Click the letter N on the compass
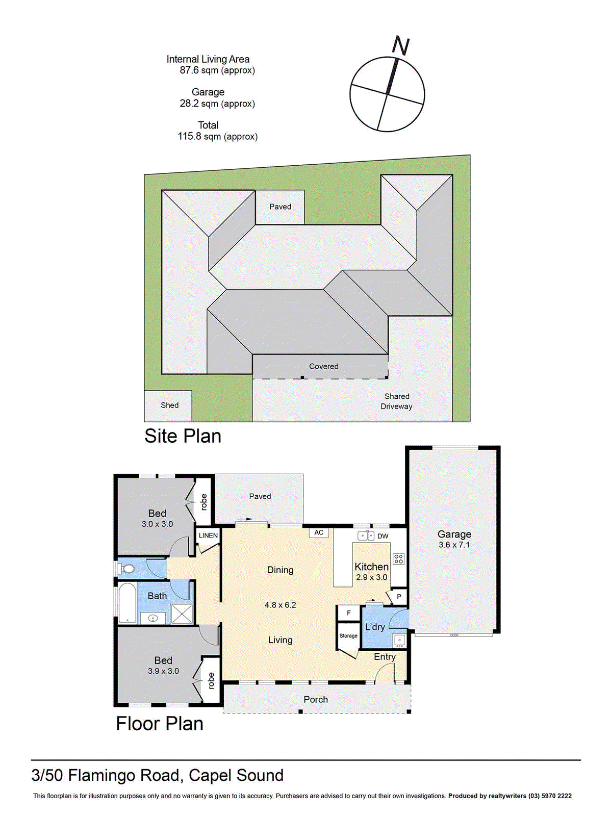(x=401, y=46)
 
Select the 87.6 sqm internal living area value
(x=217, y=70)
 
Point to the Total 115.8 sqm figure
(x=217, y=137)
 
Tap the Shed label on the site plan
(x=169, y=405)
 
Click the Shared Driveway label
(x=397, y=401)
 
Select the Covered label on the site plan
(x=323, y=366)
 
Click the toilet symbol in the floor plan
(x=127, y=569)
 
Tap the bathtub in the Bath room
(x=127, y=603)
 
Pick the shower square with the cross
(x=182, y=614)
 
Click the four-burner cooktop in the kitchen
(x=399, y=559)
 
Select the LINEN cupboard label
(x=208, y=535)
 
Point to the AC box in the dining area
(x=319, y=532)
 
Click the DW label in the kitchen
(x=383, y=536)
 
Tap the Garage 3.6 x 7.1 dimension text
(x=454, y=545)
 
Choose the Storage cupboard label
(x=348, y=636)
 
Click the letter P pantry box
(x=399, y=597)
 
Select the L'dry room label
(x=375, y=627)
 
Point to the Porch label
(x=316, y=699)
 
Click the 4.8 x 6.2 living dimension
(x=280, y=605)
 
